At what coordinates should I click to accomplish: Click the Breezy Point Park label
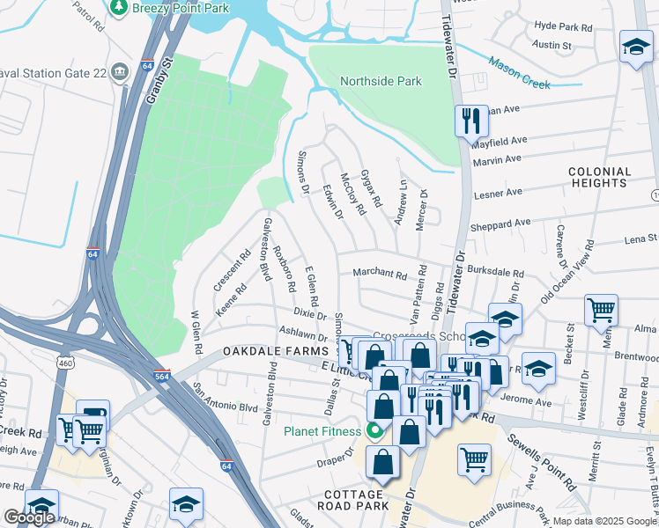coord(179,7)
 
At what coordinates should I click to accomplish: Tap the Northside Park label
coord(381,81)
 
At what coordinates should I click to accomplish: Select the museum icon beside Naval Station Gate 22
coord(121,69)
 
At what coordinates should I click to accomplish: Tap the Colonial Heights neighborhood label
coord(600,177)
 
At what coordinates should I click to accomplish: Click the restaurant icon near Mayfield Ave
coord(470,120)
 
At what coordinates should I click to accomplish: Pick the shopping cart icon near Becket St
coord(600,309)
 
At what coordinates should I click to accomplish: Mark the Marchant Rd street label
coord(379,275)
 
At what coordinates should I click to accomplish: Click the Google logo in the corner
coord(28,517)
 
